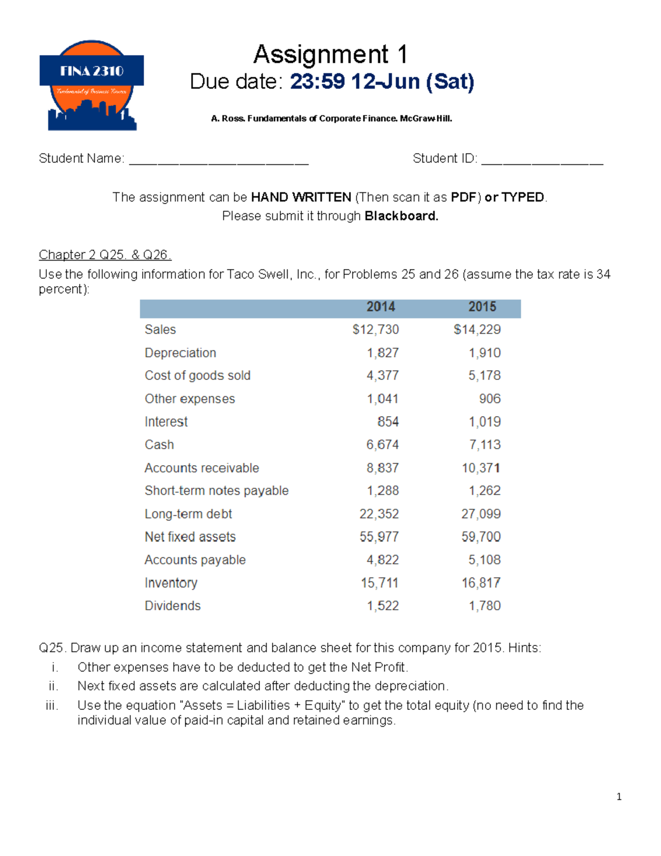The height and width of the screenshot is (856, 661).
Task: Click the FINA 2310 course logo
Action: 91,85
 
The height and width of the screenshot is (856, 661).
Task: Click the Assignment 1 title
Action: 330,55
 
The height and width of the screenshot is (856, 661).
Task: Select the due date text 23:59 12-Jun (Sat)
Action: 382,82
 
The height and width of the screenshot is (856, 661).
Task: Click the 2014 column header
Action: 381,307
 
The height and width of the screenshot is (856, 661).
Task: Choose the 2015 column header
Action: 482,307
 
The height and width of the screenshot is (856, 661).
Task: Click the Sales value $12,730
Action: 376,330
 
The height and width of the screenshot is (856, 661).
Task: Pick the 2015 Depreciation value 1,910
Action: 485,353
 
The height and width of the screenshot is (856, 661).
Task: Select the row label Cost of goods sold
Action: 197,376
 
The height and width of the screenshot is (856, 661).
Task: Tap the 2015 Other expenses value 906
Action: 490,399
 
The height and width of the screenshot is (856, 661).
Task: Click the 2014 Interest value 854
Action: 388,422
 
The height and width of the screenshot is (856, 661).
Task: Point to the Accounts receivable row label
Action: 202,468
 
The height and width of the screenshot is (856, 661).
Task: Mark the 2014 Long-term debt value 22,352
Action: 379,514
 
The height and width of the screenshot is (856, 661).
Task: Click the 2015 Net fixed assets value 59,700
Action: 481,537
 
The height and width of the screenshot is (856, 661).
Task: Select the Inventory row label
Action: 171,583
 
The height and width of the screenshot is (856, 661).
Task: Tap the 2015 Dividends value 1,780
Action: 485,606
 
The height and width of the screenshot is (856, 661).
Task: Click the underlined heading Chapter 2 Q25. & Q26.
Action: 105,255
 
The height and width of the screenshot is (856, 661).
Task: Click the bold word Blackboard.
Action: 401,216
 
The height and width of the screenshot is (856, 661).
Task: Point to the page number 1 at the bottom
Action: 619,796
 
